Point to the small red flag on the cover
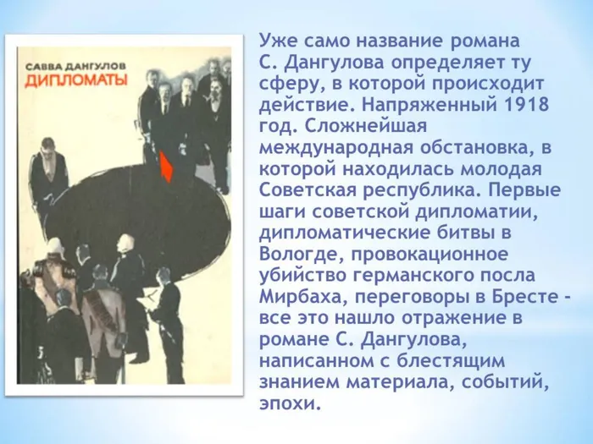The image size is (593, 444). pos(166,166)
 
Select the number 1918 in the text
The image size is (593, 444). pos(521,106)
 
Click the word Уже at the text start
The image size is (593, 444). pos(280,40)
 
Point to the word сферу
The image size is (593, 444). pos(285,84)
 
